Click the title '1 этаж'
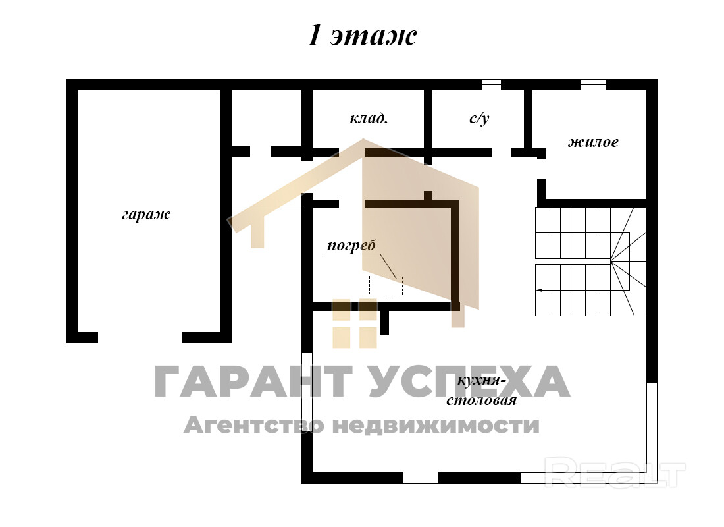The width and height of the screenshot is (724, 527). pos(361,36)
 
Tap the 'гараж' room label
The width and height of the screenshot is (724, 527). pos(146,215)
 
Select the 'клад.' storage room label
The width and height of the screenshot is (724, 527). pos(369,119)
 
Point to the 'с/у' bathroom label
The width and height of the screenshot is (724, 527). pos(479,119)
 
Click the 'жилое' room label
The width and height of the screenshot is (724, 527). pos(593,142)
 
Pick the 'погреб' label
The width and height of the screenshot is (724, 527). pos(351,246)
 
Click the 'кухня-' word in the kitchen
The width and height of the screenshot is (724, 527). pos(479,381)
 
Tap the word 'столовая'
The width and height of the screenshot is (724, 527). pos(481,400)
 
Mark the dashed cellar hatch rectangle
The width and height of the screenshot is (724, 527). pos(386,285)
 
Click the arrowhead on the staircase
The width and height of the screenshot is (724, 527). pos(539,291)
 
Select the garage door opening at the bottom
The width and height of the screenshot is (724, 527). pos(140,337)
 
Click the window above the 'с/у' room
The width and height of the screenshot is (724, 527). pos(491,84)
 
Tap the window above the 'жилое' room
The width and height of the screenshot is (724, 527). pos(593,84)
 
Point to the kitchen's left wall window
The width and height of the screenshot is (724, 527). pos(307,392)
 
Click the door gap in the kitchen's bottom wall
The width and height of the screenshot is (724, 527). pos(421,478)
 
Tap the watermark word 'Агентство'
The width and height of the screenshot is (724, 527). pos(254,424)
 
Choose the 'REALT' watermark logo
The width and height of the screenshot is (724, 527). pos(615,472)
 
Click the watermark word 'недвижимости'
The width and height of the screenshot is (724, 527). pos(436,425)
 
